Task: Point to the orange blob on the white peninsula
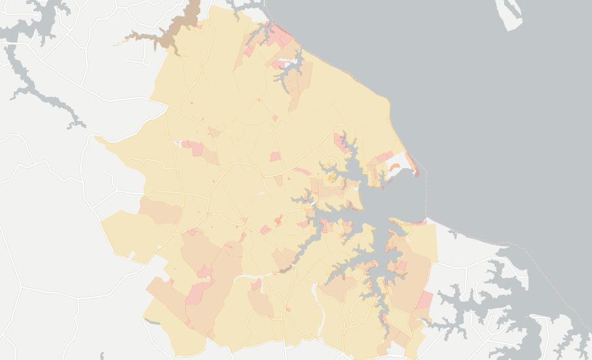pos(394,167)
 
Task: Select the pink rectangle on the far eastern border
pos(424,300)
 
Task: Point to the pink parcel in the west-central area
pos(194,147)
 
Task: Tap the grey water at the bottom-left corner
pos(105,356)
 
